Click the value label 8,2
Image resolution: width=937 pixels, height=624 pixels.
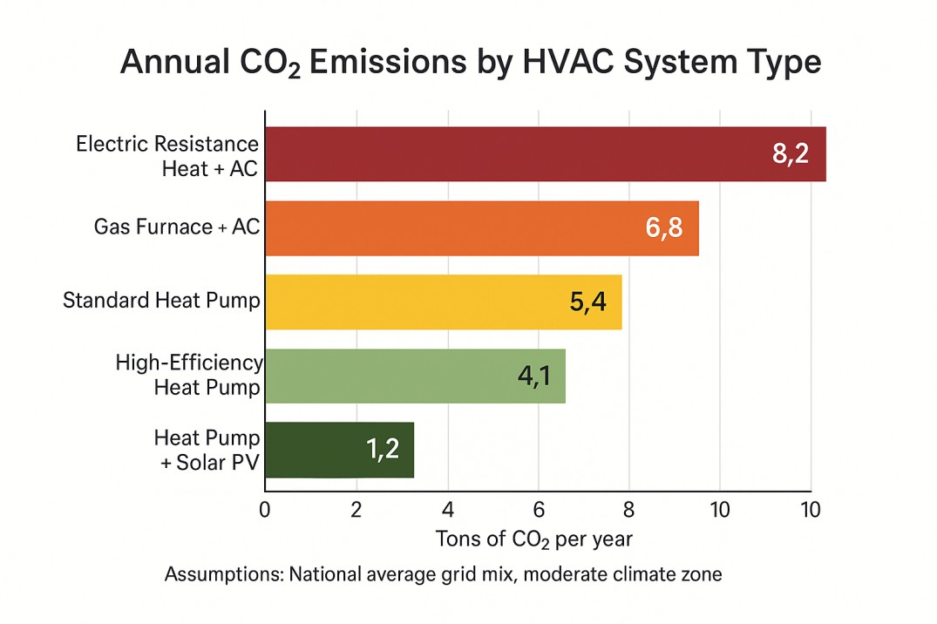click(791, 154)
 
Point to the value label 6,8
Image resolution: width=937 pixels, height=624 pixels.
click(664, 228)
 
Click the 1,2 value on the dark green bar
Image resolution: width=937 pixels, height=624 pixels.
click(383, 450)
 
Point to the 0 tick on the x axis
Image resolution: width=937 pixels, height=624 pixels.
click(265, 509)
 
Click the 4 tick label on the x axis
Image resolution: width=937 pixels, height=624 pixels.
click(448, 509)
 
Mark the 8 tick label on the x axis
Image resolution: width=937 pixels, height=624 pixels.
click(629, 509)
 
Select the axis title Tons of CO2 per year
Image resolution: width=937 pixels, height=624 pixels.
click(533, 539)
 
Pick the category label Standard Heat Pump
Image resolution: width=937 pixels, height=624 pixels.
click(161, 302)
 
